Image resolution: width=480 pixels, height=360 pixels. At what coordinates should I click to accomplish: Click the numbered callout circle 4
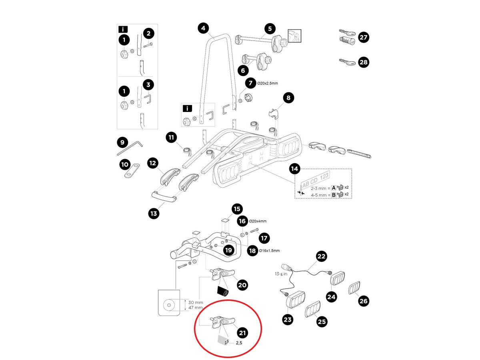pos(204,28)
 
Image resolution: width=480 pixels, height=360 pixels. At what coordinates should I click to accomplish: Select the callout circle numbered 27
pos(364,38)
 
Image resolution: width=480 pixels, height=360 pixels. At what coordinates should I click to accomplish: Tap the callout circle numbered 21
pos(242,332)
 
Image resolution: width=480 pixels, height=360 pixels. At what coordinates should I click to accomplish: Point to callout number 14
pos(294,169)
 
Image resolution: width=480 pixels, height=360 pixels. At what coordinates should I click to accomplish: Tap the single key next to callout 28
pos(346,62)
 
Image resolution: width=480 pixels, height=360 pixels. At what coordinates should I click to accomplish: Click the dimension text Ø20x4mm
pos(258,221)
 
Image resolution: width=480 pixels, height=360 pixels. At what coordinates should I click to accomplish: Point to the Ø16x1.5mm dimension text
pos(269,251)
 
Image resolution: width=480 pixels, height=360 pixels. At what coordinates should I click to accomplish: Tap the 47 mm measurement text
pos(194,308)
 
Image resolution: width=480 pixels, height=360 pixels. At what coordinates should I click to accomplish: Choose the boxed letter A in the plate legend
pos(334,187)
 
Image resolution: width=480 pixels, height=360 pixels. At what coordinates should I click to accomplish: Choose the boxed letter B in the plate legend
pos(334,195)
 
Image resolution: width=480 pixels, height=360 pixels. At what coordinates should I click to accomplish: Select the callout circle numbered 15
pos(237,209)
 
